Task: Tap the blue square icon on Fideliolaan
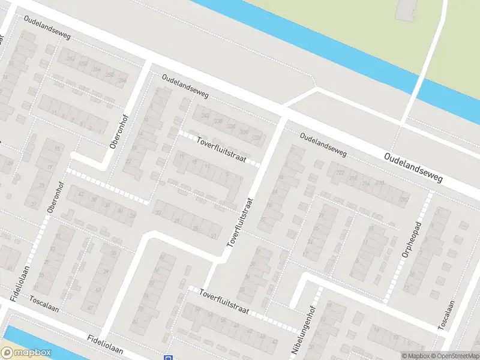[x=167, y=358]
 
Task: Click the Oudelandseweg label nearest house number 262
[x=48, y=28]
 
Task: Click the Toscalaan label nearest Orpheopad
[x=444, y=315]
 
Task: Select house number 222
[x=341, y=173]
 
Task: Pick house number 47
[x=91, y=308]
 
